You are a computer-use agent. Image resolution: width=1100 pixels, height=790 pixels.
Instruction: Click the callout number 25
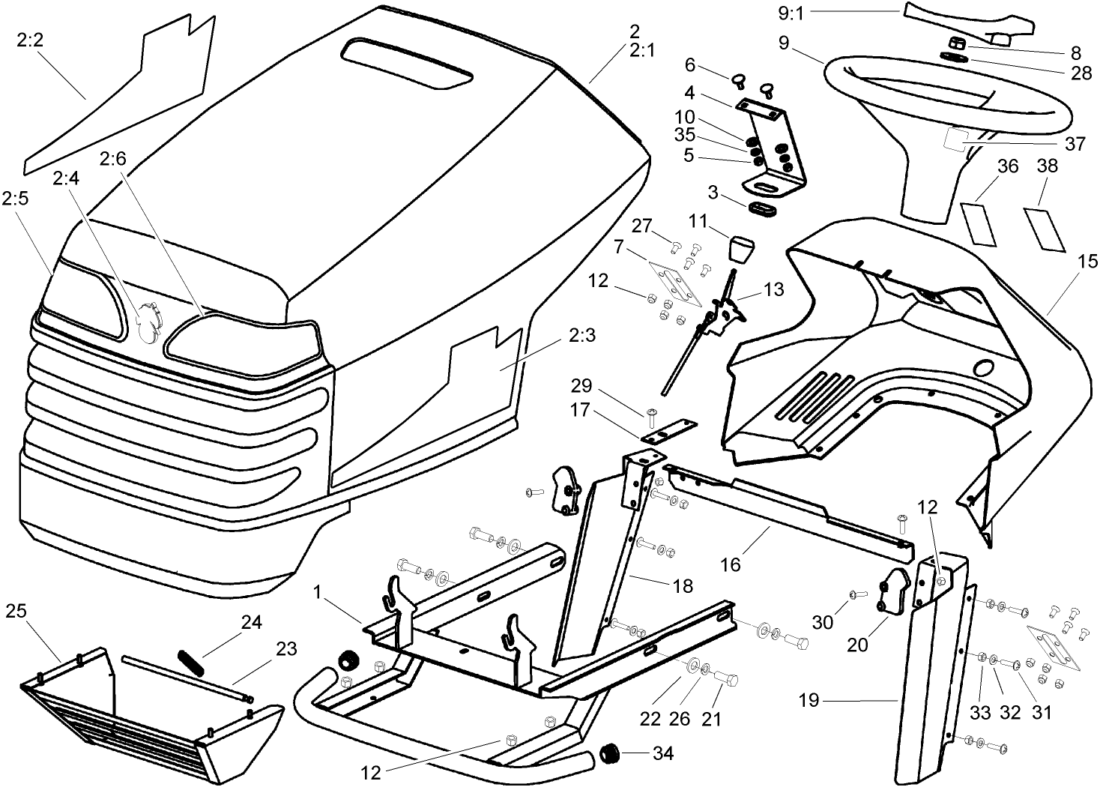coord(16,611)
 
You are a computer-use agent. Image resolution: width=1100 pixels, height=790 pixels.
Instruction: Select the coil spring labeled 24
coord(191,663)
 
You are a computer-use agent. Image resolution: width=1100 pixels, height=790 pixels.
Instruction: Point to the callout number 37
coord(1075,143)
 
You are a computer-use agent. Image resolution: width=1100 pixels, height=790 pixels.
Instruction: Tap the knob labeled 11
coord(741,248)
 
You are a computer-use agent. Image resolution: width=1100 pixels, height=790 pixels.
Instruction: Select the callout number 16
coord(730,564)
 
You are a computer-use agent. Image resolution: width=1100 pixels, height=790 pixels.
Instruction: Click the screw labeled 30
coord(856,594)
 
